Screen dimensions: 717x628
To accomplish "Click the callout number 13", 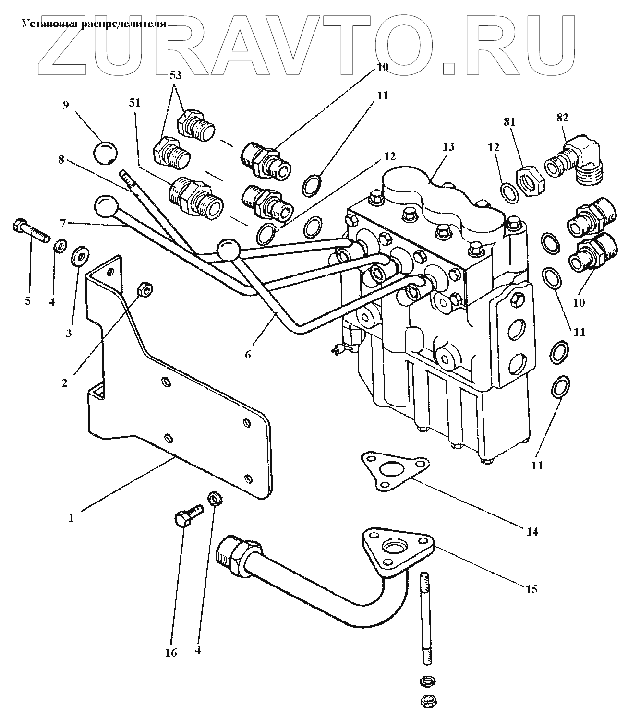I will pyautogui.click(x=447, y=147).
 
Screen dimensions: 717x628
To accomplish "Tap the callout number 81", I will pyautogui.click(x=509, y=122).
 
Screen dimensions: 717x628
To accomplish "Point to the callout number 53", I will pyautogui.click(x=176, y=76).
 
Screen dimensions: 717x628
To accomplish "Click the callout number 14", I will pyautogui.click(x=531, y=532).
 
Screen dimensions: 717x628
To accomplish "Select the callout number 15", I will pyautogui.click(x=531, y=589).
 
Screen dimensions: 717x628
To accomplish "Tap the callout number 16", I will pyautogui.click(x=171, y=653).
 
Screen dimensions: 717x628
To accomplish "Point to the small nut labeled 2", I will pyautogui.click(x=145, y=289).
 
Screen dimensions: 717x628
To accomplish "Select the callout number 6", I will pyautogui.click(x=248, y=354).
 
